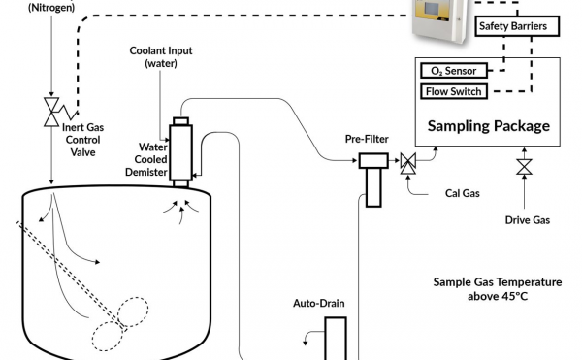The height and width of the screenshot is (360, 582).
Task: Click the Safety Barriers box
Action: coord(517,26)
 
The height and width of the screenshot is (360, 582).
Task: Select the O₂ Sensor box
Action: coord(454,71)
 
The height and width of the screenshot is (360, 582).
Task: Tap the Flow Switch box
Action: coord(454,91)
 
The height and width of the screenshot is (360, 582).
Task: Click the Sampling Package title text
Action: coord(489,126)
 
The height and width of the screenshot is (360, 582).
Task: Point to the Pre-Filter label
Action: coord(367,139)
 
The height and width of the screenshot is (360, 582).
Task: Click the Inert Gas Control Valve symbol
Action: coord(51,113)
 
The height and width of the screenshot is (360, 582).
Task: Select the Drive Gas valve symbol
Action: coord(524,167)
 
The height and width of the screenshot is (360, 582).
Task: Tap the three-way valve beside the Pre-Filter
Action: coord(408,163)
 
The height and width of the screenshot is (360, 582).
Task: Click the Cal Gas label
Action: coord(463,193)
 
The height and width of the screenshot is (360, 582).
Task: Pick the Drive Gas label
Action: coord(528,220)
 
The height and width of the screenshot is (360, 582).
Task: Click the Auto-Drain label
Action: coord(319,303)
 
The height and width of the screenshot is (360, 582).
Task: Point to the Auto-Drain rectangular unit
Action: coord(336,339)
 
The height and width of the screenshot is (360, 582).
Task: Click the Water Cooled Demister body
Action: coord(180,152)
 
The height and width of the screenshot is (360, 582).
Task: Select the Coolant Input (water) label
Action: coord(161,57)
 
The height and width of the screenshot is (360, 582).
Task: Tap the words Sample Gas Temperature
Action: coord(498,282)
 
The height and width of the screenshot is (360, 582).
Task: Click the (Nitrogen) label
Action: coord(51,7)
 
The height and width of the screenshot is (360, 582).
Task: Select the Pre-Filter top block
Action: coord(373,161)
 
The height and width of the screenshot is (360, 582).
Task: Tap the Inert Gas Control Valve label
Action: coord(82,140)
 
